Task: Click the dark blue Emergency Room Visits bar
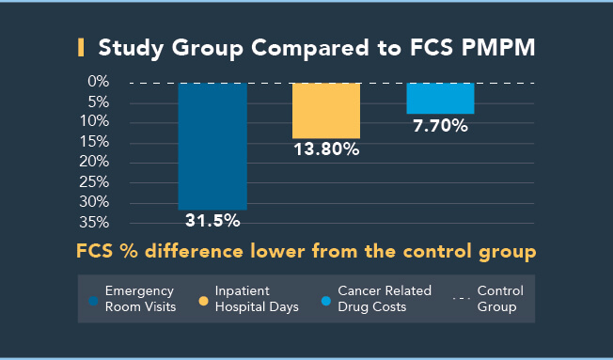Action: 212,146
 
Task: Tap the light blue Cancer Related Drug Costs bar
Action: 440,99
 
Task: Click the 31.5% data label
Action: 212,222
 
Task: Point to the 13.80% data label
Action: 326,150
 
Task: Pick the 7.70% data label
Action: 440,126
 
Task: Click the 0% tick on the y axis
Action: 98,82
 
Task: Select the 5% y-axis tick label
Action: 98,102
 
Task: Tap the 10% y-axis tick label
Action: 94,122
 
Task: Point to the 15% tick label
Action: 94,142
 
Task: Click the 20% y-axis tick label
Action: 94,163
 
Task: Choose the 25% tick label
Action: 94,182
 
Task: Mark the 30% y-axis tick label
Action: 94,202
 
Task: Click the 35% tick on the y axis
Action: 94,223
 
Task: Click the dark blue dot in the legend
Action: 93,301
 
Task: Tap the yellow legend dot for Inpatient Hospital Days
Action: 203,301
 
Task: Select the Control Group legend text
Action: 500,299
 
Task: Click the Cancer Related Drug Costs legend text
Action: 386,299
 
